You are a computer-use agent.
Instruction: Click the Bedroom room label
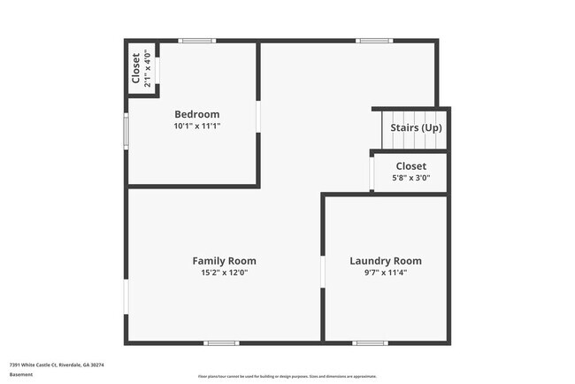(x=196, y=114)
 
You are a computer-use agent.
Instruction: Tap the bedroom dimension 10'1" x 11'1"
(x=196, y=127)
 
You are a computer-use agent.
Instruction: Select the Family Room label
(x=224, y=260)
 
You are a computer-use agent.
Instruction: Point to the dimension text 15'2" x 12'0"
(x=224, y=273)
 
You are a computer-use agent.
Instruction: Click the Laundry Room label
(x=385, y=260)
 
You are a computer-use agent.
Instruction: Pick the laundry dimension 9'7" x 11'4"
(x=385, y=273)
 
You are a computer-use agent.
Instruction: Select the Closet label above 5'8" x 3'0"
(x=410, y=165)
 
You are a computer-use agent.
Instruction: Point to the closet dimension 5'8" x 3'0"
(x=410, y=178)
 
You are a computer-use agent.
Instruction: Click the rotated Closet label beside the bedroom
(x=135, y=68)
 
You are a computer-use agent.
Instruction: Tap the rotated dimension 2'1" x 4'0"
(x=148, y=68)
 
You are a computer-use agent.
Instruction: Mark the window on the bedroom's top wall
(x=196, y=41)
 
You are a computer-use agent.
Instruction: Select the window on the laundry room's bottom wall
(x=370, y=342)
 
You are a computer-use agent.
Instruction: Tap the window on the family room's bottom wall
(x=221, y=342)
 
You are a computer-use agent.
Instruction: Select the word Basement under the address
(x=21, y=374)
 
